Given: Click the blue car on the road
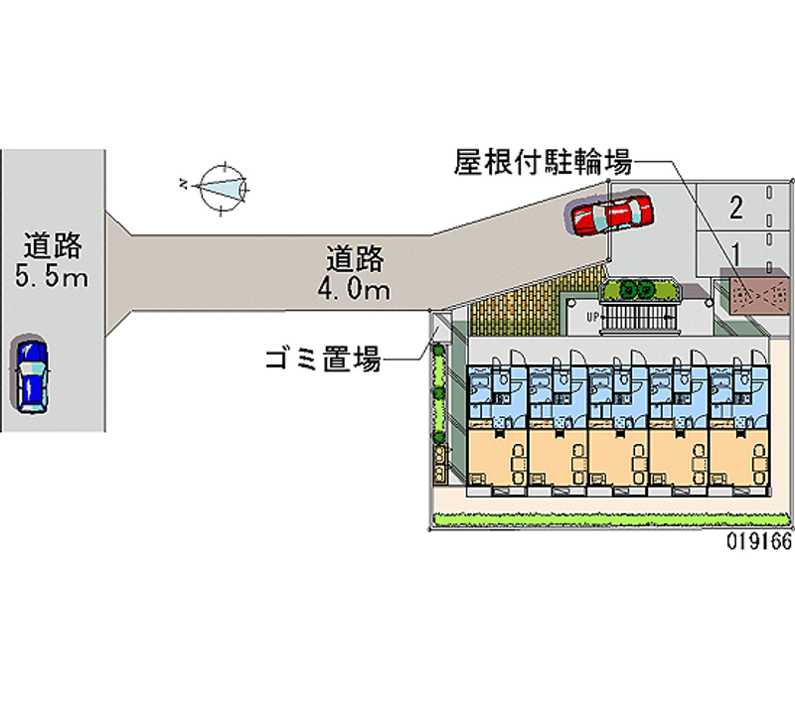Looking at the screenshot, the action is click(x=32, y=375).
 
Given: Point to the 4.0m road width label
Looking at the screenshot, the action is click(x=353, y=290).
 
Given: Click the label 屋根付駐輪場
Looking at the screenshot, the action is click(x=543, y=162).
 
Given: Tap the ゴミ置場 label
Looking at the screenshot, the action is click(x=323, y=359).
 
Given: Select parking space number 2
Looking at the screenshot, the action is click(x=735, y=208).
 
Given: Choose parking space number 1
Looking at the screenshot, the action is click(x=735, y=251).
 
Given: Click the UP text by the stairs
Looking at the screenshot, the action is click(x=591, y=318).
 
